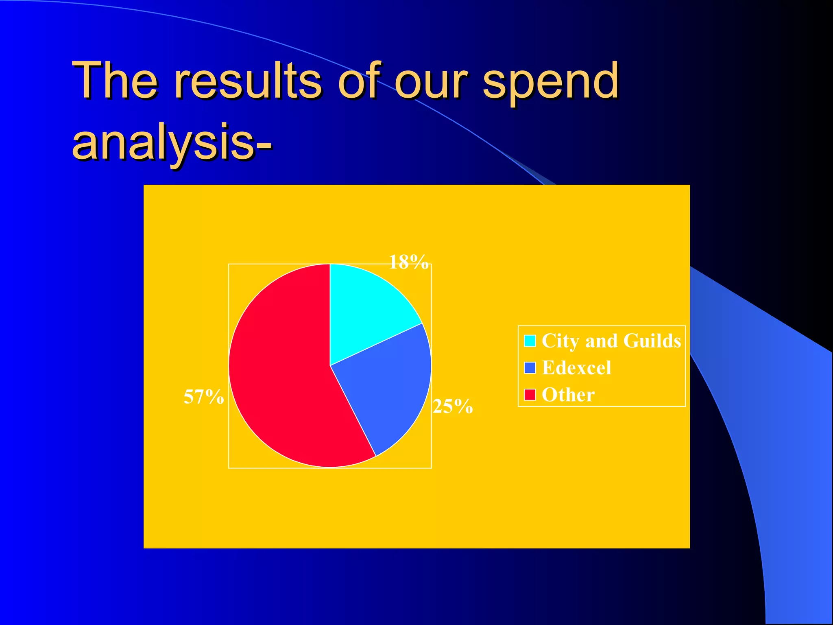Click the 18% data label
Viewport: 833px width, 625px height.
(409, 262)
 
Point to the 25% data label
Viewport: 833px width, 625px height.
(452, 406)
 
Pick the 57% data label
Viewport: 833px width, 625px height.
(203, 396)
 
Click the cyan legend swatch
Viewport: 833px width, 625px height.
(530, 341)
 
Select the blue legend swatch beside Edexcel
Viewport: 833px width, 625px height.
(530, 367)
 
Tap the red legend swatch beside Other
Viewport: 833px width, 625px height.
(530, 394)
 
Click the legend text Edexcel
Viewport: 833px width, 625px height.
(576, 367)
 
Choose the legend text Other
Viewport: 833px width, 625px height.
(568, 394)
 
